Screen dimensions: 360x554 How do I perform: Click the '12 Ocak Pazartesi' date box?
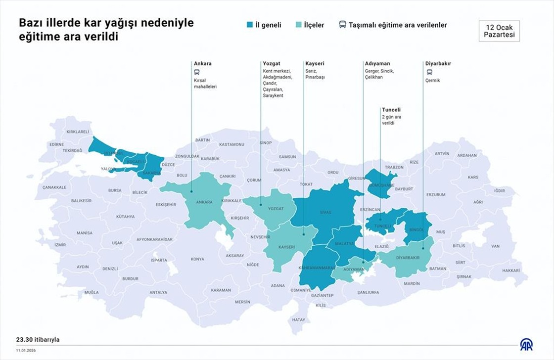(x=499, y=31)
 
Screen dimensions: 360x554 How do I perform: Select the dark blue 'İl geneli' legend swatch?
(x=250, y=25)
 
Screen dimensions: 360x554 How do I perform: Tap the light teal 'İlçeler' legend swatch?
(x=298, y=25)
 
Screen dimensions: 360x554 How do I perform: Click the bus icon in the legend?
(x=342, y=25)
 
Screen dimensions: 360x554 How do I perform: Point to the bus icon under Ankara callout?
(x=197, y=72)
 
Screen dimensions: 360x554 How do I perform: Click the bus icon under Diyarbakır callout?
(x=428, y=72)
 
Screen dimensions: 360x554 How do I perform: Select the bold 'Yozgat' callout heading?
(x=272, y=64)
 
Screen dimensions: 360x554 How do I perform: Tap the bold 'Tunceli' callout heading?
(x=391, y=110)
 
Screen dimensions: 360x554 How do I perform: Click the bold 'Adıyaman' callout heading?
(x=377, y=64)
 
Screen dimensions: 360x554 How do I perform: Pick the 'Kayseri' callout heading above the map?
(x=315, y=64)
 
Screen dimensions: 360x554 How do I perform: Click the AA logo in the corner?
(x=526, y=345)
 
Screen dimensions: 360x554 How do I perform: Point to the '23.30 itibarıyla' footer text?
(x=38, y=340)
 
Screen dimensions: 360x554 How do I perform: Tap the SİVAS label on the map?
(x=325, y=212)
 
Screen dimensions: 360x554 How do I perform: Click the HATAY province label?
(x=298, y=320)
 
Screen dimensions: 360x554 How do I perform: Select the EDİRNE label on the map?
(x=56, y=144)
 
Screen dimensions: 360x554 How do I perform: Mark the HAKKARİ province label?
(x=511, y=270)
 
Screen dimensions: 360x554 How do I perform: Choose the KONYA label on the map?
(x=197, y=259)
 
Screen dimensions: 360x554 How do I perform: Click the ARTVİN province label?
(x=442, y=154)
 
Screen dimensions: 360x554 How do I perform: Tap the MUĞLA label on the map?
(x=92, y=292)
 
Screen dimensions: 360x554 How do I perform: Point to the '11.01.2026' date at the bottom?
(x=26, y=350)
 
